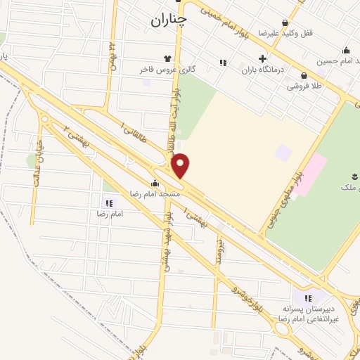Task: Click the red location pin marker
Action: click(x=181, y=165)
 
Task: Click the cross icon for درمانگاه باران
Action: click(x=263, y=59)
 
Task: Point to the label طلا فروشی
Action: click(x=303, y=86)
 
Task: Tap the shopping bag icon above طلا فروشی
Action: click(x=303, y=75)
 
